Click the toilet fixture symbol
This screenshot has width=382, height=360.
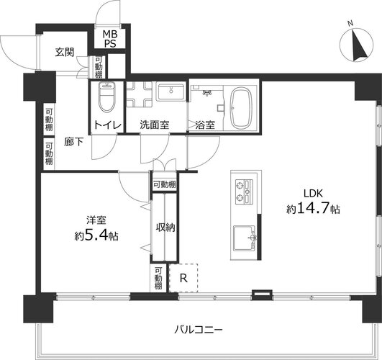coord(106,96)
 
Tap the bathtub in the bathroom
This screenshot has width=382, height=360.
coord(241,108)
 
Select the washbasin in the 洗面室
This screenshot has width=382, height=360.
coord(171,91)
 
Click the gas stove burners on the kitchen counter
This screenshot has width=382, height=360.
coord(245,192)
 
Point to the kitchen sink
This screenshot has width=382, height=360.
coord(245,238)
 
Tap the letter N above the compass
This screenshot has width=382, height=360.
coord(350,24)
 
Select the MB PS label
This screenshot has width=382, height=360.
coord(110,39)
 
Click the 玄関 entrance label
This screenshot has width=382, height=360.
coord(65,52)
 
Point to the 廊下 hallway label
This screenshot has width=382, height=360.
coord(74,142)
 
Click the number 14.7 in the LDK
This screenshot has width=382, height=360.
coord(312,208)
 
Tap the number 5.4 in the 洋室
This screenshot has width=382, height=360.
coord(96,235)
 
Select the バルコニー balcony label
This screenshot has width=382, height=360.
coord(199,330)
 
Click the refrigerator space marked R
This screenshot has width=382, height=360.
coord(183,278)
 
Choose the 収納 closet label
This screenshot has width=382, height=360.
coord(165,228)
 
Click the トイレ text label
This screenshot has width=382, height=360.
coord(107,125)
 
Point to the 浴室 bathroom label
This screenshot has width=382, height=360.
coord(205,125)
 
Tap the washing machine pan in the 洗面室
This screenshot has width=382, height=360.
coord(140,94)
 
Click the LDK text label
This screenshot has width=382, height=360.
coord(313,194)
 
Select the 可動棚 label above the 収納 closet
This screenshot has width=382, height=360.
coord(165,185)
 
